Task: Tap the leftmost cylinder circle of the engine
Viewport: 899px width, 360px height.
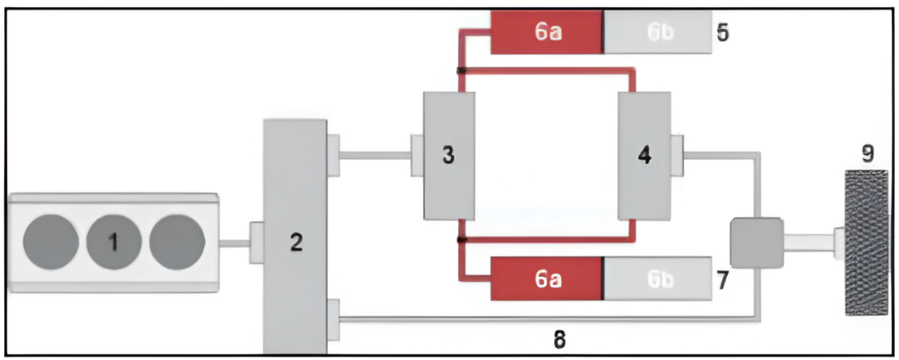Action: tap(50, 242)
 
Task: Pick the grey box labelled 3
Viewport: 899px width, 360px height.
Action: tap(449, 156)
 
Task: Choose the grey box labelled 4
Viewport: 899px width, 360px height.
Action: tap(644, 156)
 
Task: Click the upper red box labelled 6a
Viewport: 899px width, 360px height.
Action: tap(546, 32)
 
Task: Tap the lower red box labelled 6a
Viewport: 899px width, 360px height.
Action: tap(546, 278)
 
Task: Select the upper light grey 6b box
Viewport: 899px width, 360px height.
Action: tap(656, 32)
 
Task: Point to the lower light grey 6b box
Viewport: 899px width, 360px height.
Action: tap(656, 278)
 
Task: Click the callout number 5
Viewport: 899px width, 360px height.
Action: tap(723, 32)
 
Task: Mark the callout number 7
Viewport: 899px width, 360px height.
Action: tap(723, 280)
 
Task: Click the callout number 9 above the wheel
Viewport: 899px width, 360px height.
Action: tap(867, 155)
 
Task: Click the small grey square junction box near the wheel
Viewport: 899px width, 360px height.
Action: tap(756, 242)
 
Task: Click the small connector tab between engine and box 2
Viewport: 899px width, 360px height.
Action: tap(256, 241)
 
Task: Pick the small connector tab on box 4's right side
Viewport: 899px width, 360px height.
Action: tap(677, 155)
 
